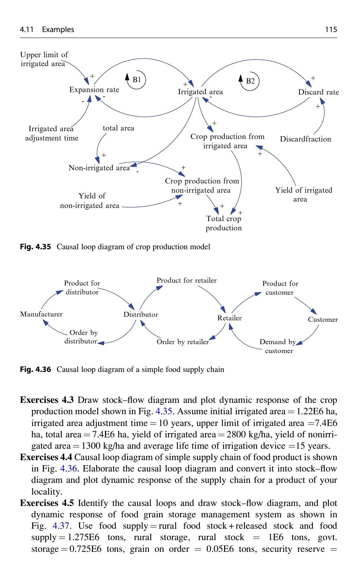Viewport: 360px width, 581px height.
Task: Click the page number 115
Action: click(330, 30)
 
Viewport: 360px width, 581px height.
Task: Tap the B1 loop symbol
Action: click(137, 80)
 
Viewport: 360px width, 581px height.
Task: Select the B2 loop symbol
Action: click(250, 81)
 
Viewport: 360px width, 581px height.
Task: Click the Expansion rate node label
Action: click(94, 90)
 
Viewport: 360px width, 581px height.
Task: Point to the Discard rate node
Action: click(318, 92)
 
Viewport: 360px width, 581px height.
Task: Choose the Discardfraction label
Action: click(305, 139)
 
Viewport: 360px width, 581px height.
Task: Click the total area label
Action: click(118, 128)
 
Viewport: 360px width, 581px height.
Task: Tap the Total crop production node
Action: click(224, 223)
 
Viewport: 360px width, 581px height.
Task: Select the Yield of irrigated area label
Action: click(303, 194)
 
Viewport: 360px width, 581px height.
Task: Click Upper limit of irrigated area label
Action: click(44, 59)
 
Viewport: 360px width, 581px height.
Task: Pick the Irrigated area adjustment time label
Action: click(52, 133)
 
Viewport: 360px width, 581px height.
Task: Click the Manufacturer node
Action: click(41, 314)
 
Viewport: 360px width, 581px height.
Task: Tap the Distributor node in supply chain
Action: click(141, 314)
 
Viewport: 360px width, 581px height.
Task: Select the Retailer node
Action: click(229, 318)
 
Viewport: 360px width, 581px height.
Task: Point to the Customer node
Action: click(323, 319)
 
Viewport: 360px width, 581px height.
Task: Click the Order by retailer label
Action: click(182, 342)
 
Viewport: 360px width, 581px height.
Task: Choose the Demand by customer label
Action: click(278, 346)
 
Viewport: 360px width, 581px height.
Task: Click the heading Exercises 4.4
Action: click(46, 457)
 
